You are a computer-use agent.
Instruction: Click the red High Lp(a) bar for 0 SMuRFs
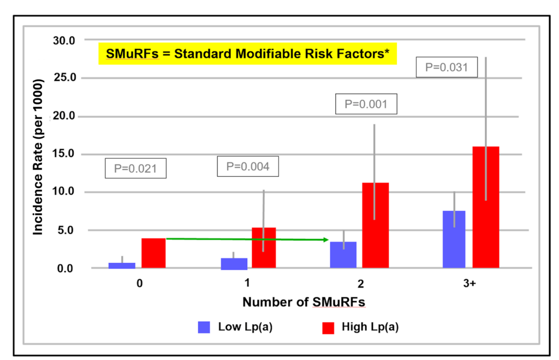153,253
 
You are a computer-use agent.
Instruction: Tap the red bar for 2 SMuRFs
375,225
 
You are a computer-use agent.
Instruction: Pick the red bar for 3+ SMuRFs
486,207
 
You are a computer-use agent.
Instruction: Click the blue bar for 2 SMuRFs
343,254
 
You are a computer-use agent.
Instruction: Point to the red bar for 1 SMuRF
264,248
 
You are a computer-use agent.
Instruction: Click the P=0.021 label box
135,169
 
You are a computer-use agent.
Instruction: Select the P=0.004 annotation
247,166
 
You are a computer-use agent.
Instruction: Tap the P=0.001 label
366,104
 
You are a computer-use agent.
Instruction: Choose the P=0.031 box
447,67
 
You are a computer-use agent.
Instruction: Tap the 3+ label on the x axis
470,284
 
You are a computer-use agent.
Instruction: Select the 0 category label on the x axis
140,284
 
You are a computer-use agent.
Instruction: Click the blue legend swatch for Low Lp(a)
204,327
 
